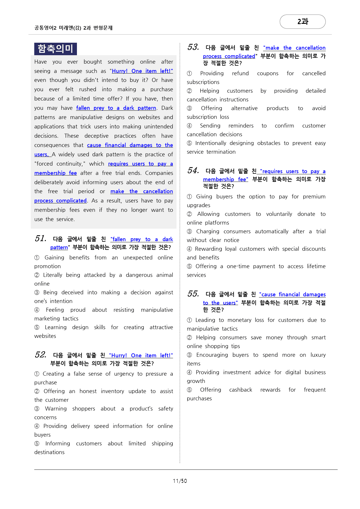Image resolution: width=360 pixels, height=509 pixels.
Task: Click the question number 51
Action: (40, 239)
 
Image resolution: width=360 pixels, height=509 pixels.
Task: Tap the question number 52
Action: (40, 355)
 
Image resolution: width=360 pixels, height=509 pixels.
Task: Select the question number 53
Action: (193, 47)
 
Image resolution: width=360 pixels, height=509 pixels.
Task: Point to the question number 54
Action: (193, 170)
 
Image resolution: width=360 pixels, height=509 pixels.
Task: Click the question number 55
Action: (193, 294)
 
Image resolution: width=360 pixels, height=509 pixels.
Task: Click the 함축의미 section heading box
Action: (55, 49)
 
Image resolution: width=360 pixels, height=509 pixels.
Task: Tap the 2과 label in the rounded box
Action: (303, 21)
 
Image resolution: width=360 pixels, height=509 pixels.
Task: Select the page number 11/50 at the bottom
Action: (180, 481)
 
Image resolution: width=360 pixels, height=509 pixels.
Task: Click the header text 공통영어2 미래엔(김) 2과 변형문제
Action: (73, 28)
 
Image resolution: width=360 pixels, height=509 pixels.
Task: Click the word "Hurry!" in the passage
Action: (120, 71)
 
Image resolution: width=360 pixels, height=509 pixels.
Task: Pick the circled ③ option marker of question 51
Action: (37, 292)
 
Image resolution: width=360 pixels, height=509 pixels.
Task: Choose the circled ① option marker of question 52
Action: (37, 374)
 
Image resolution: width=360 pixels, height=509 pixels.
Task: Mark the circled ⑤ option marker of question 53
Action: (189, 143)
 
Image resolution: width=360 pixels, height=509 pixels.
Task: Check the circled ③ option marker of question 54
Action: (189, 231)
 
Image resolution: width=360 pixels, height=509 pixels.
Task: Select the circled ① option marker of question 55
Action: (189, 320)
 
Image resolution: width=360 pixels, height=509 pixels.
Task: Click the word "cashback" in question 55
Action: (240, 390)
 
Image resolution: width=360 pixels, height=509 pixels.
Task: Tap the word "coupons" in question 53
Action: (267, 73)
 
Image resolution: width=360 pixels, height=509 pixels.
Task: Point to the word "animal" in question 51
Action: (165, 275)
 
